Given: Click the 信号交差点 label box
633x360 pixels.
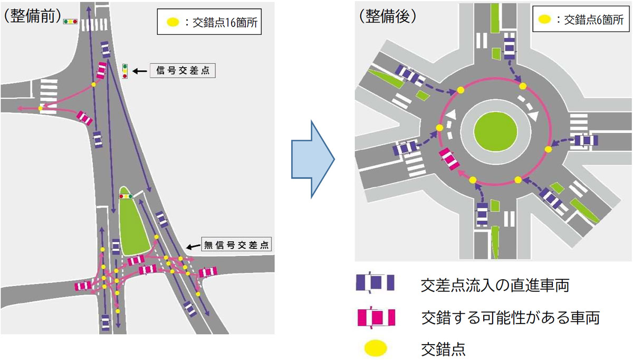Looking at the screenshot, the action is [x=183, y=70].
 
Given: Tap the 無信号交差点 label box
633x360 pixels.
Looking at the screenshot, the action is [x=236, y=244].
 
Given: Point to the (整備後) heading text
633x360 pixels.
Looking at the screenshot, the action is [x=387, y=16].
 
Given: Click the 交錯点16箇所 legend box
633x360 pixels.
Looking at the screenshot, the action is [x=209, y=22].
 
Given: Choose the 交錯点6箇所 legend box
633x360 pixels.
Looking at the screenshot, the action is [x=581, y=19].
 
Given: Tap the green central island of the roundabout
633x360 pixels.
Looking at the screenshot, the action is [x=496, y=131].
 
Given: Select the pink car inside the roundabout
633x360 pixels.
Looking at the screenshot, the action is [x=449, y=159].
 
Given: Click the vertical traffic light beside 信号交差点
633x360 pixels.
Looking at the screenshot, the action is [x=125, y=71].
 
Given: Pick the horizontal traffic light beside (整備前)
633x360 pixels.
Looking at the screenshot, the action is [x=70, y=22].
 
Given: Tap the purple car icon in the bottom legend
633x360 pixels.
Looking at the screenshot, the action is [x=375, y=282].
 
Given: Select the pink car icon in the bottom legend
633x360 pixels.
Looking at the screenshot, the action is [x=376, y=317].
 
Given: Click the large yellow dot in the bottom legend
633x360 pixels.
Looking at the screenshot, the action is [x=376, y=348].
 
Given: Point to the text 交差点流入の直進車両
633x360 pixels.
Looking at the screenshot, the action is [x=495, y=285].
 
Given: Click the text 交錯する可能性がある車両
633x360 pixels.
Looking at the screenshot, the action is [x=511, y=318].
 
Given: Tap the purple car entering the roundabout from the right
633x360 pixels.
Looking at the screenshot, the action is [x=587, y=140].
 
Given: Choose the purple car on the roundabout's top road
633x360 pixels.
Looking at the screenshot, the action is [x=509, y=46].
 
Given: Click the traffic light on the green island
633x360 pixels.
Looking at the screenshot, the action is [x=126, y=196].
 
